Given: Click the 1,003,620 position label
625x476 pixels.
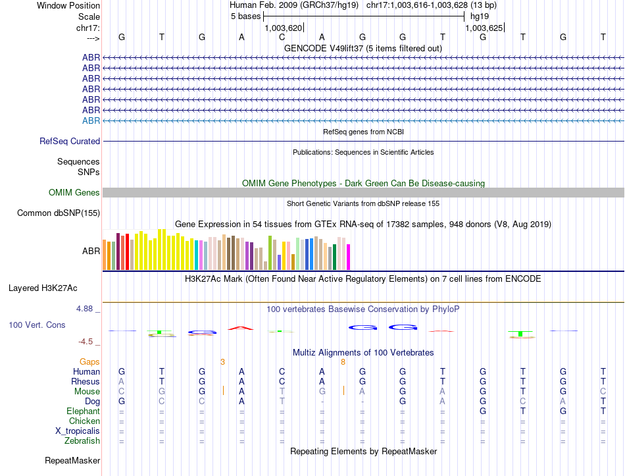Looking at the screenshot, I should (283, 28).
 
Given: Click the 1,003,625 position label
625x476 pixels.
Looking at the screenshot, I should (484, 28).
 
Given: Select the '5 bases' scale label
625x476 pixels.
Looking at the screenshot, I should (245, 16).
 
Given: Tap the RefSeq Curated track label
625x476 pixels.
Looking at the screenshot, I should (70, 141).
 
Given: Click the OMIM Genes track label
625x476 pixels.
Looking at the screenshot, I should (74, 192).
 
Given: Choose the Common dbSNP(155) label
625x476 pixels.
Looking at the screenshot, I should (59, 213).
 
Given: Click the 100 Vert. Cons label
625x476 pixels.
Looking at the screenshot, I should (37, 325).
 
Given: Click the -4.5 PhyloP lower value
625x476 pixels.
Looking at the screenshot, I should (86, 342).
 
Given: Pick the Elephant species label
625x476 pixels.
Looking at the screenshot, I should (83, 411).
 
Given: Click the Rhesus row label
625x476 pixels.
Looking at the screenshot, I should (86, 381).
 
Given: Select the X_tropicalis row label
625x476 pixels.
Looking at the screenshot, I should (78, 431).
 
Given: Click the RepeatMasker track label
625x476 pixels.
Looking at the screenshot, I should (72, 460).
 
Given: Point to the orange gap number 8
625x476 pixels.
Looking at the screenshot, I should (343, 361).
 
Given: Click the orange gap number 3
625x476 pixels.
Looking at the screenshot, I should (222, 361).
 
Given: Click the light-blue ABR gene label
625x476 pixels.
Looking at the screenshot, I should (91, 120).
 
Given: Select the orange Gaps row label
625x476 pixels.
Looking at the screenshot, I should (89, 361).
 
